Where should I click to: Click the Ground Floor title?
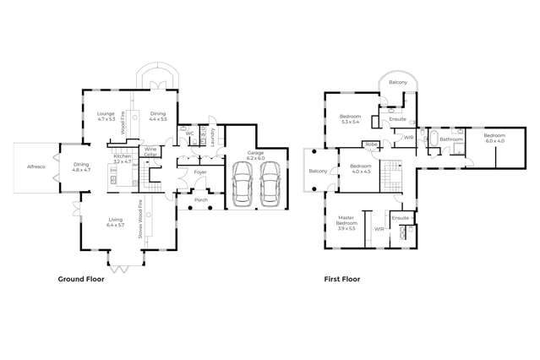[80, 278]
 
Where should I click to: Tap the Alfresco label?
[35, 167]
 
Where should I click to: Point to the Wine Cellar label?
[150, 151]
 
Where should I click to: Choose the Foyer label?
[200, 172]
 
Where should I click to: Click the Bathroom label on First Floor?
[451, 139]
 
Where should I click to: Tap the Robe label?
[371, 145]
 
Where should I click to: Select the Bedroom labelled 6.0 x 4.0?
[494, 138]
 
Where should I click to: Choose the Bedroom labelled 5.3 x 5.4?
[351, 118]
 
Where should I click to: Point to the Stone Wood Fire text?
[141, 221]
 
